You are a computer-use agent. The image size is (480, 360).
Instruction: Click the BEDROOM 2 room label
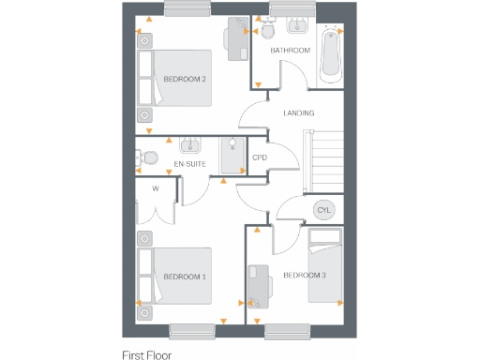click(x=185, y=79)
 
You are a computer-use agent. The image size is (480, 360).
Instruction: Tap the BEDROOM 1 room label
click(x=185, y=277)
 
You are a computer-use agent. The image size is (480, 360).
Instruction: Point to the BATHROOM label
click(x=290, y=50)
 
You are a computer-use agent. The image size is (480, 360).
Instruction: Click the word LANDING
click(x=298, y=113)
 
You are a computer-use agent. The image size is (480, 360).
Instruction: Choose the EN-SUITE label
click(x=190, y=164)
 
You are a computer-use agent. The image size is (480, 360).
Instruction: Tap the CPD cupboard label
click(x=260, y=157)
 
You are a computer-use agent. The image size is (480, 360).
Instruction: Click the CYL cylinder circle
click(x=324, y=209)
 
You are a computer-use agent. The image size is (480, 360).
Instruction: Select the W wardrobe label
click(x=156, y=187)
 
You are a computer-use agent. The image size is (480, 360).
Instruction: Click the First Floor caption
click(x=148, y=354)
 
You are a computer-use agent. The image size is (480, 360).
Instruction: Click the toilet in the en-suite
click(x=142, y=158)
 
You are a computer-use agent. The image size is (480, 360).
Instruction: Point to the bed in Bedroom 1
click(x=173, y=277)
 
